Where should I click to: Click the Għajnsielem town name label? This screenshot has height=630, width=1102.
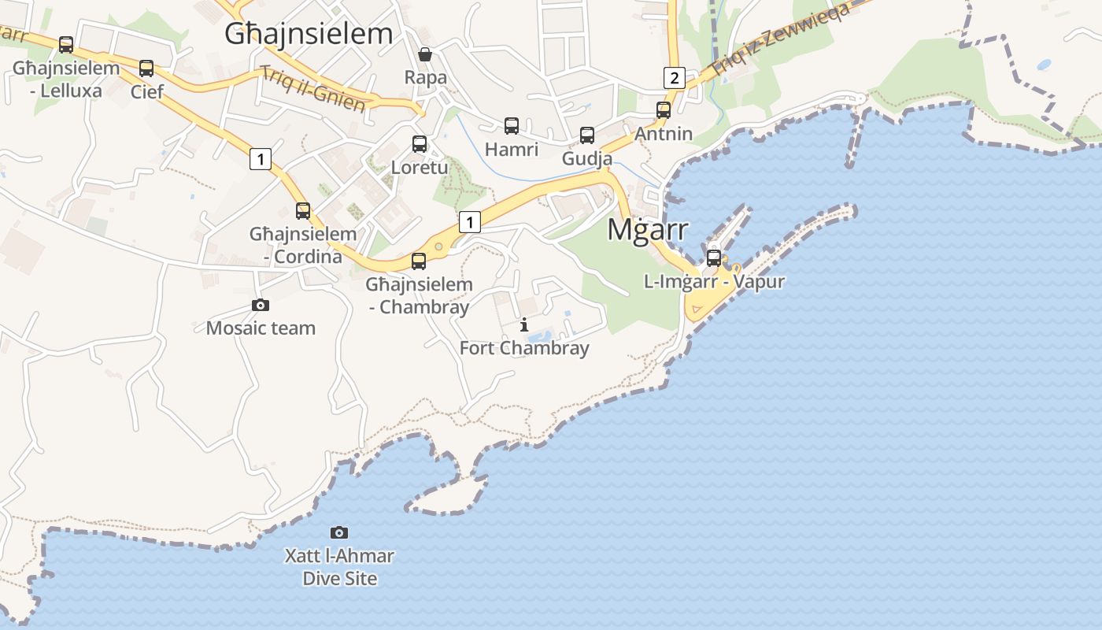(x=308, y=34)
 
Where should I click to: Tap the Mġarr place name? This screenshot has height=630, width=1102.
(x=648, y=229)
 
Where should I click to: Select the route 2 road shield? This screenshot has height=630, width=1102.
(x=674, y=77)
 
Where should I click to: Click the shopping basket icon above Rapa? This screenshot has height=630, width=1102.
(x=425, y=54)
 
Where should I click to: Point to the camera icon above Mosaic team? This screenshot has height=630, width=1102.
(x=261, y=305)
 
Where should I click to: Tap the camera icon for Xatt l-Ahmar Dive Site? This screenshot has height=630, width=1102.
(x=339, y=533)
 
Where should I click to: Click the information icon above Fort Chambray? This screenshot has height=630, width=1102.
(x=524, y=324)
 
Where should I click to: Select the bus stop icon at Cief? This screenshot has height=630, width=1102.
(x=146, y=69)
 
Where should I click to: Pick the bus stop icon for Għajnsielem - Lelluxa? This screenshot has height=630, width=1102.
(x=66, y=45)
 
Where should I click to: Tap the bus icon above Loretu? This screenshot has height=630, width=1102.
(x=420, y=144)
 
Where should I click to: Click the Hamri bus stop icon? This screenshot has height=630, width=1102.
(x=512, y=126)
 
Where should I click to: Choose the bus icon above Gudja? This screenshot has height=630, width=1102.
(x=587, y=135)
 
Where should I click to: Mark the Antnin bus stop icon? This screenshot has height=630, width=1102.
(x=664, y=110)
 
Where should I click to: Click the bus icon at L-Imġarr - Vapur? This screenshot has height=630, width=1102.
(x=714, y=258)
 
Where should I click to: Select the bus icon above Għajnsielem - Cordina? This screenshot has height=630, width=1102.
(x=303, y=211)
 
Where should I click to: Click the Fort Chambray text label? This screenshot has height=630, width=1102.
(x=524, y=347)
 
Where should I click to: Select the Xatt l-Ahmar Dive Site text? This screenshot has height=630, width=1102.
(x=339, y=567)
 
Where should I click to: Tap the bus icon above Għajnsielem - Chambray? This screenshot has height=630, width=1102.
(x=419, y=261)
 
